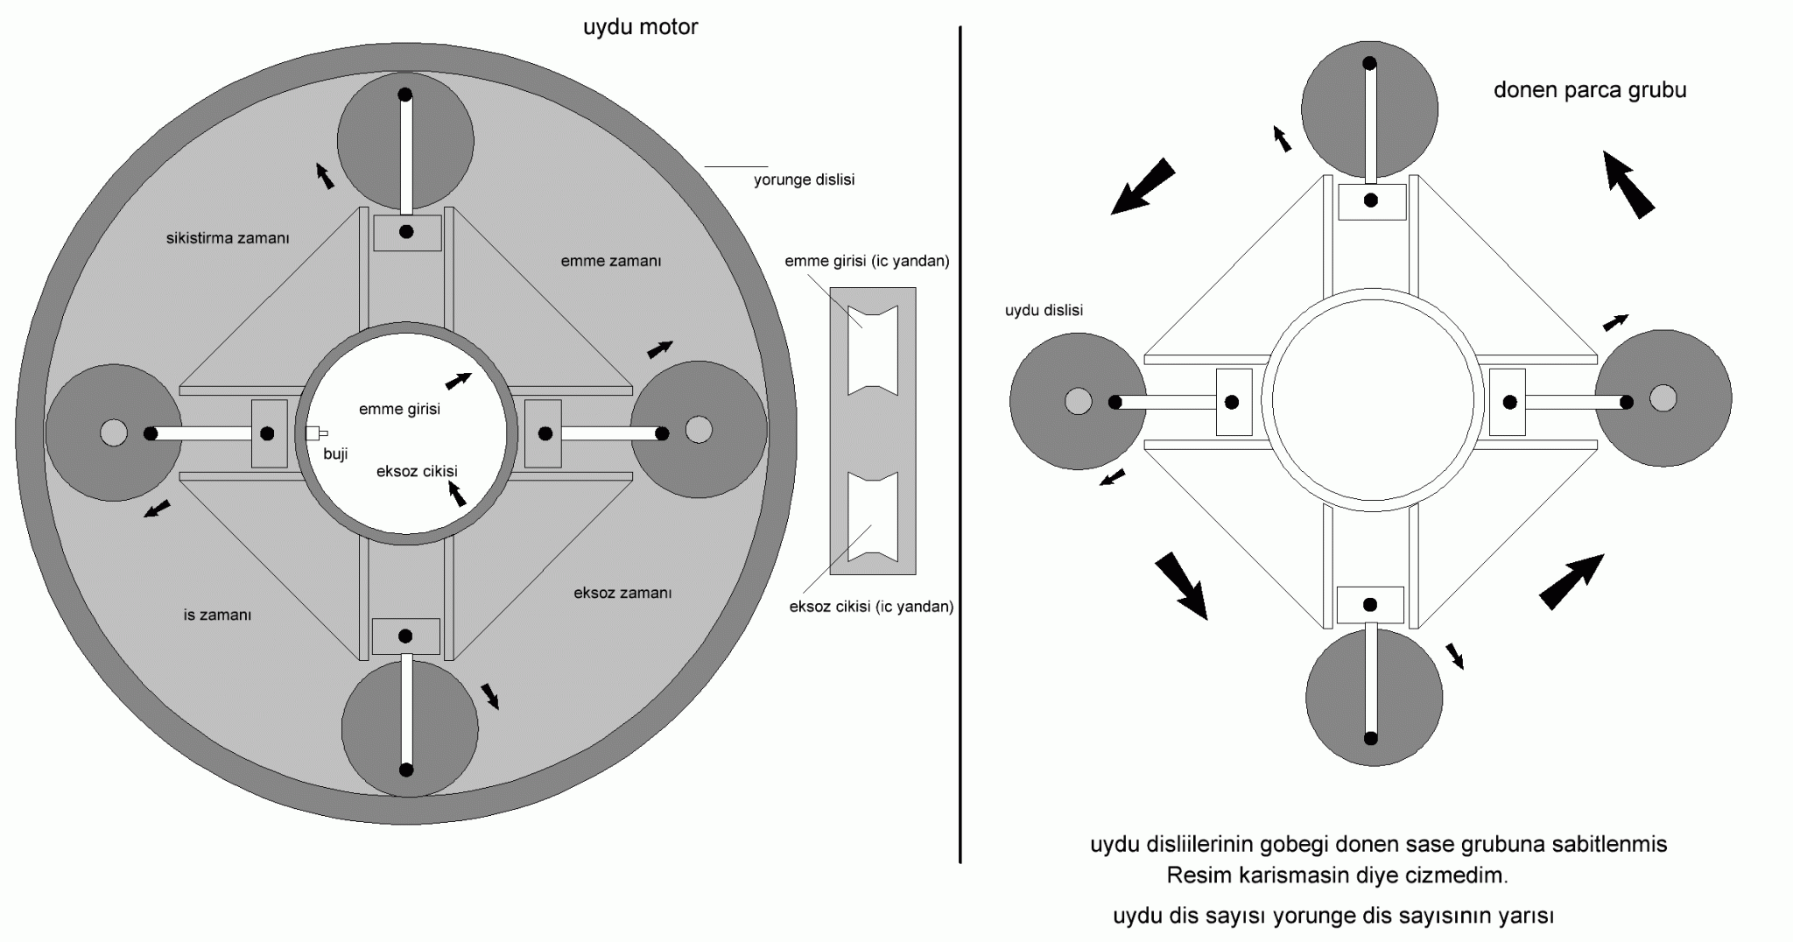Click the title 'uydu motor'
click(640, 27)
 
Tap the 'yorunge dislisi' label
click(804, 179)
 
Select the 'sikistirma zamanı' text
click(228, 238)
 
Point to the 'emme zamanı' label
click(610, 261)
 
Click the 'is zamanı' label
click(217, 615)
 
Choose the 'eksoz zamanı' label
click(622, 593)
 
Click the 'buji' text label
click(335, 454)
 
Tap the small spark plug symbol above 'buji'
click(316, 432)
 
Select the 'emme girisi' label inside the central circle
click(399, 409)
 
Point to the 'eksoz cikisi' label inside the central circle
click(417, 471)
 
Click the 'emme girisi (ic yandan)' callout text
click(867, 261)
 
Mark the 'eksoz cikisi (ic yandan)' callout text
click(871, 606)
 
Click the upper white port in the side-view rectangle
click(873, 349)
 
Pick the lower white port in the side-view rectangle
click(873, 517)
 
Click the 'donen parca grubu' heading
click(1590, 90)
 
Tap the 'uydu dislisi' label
click(1044, 310)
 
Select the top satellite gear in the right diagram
click(1369, 109)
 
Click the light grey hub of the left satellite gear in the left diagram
click(113, 432)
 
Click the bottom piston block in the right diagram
click(1370, 605)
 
